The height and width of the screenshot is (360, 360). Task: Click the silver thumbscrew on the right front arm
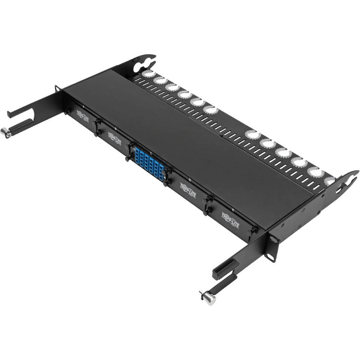click(x=208, y=298)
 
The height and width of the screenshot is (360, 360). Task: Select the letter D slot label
click(x=190, y=180)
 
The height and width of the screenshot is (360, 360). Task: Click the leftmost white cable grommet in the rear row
click(x=148, y=74)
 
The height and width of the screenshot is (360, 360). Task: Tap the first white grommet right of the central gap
click(x=251, y=134)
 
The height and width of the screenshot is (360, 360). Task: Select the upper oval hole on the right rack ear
click(x=273, y=239)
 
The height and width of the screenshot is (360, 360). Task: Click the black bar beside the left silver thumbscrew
click(x=19, y=128)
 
